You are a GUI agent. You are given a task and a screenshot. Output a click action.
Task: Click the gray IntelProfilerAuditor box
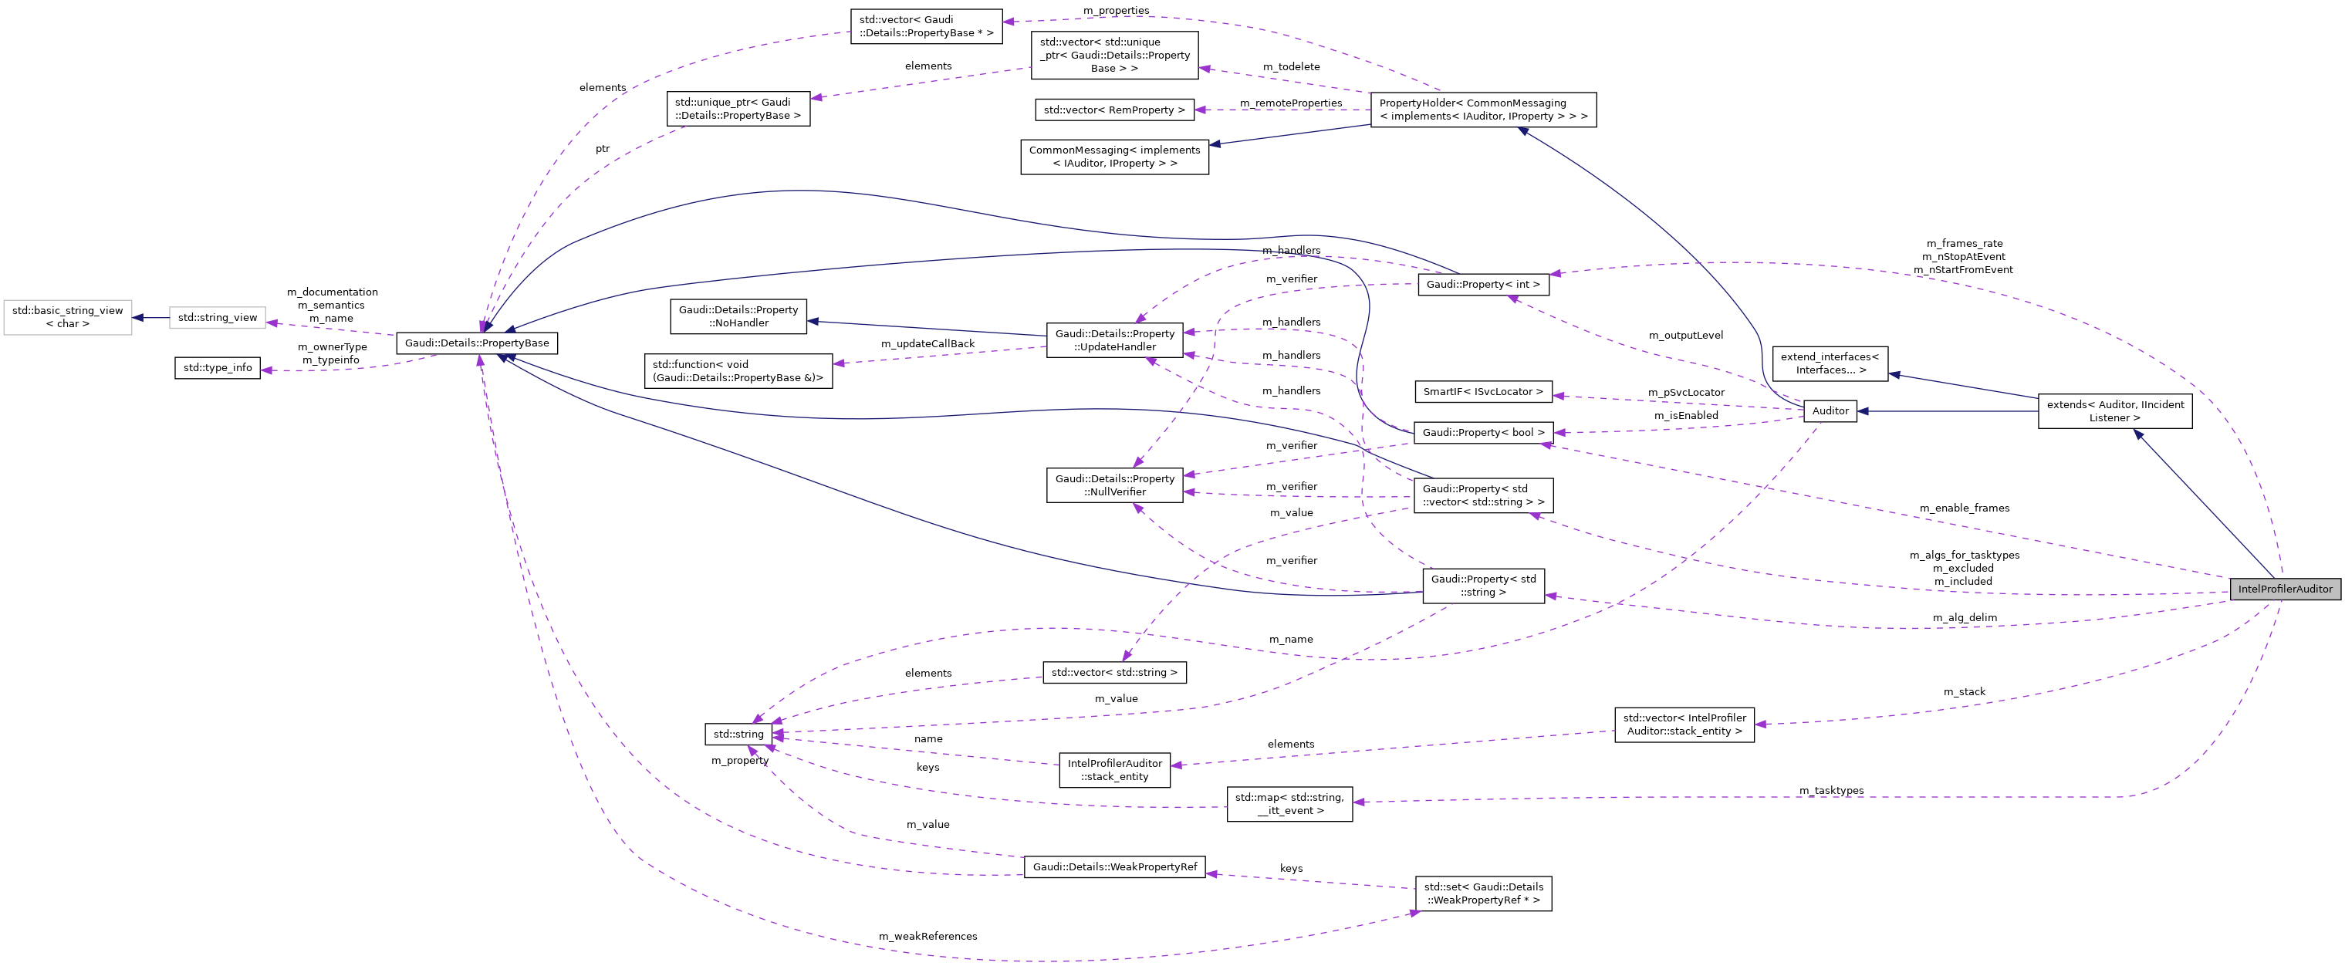click(2285, 589)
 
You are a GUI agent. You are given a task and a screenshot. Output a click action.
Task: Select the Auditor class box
click(1830, 410)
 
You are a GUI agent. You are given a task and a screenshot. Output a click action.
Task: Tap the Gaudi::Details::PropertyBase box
click(477, 343)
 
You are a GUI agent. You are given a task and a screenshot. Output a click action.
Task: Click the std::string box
click(738, 734)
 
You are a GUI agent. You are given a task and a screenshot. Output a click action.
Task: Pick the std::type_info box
click(218, 368)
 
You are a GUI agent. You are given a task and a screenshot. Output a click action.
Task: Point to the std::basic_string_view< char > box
click(67, 317)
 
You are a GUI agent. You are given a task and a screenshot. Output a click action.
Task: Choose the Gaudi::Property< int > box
click(1483, 284)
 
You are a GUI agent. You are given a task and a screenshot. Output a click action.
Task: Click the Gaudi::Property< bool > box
click(1483, 433)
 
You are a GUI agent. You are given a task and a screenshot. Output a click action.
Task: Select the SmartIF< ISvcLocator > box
click(1483, 391)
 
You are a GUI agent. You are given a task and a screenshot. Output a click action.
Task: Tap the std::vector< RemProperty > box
click(1114, 110)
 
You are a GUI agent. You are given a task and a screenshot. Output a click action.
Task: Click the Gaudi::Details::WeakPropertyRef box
click(1114, 866)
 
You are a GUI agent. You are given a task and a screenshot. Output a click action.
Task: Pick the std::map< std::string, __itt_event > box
click(1289, 804)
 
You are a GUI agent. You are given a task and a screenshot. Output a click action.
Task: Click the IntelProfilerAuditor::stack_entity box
click(1114, 770)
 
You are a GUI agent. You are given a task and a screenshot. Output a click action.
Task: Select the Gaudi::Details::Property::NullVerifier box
click(1114, 485)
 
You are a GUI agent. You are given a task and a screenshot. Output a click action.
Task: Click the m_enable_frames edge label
click(1965, 508)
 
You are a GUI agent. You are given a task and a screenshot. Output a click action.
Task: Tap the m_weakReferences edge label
click(928, 936)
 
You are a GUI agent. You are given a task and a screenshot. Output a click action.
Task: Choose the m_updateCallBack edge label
click(928, 343)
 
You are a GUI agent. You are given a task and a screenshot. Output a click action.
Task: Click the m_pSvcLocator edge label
click(1686, 393)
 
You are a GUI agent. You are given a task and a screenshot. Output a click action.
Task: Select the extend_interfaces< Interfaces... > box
click(1830, 363)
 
